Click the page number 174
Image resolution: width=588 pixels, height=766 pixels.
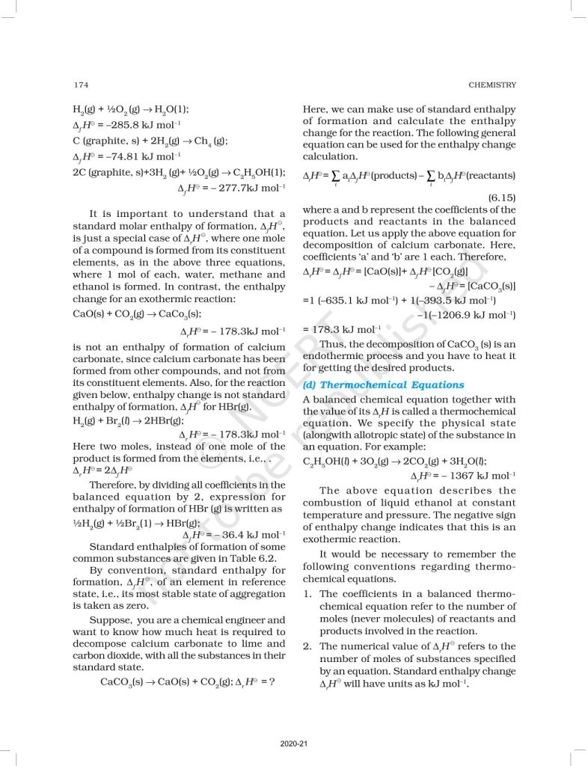(82, 85)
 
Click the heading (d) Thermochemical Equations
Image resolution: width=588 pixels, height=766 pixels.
(383, 384)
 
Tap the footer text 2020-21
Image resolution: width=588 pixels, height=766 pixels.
(293, 743)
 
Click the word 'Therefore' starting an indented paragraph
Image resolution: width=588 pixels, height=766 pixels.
(114, 485)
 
